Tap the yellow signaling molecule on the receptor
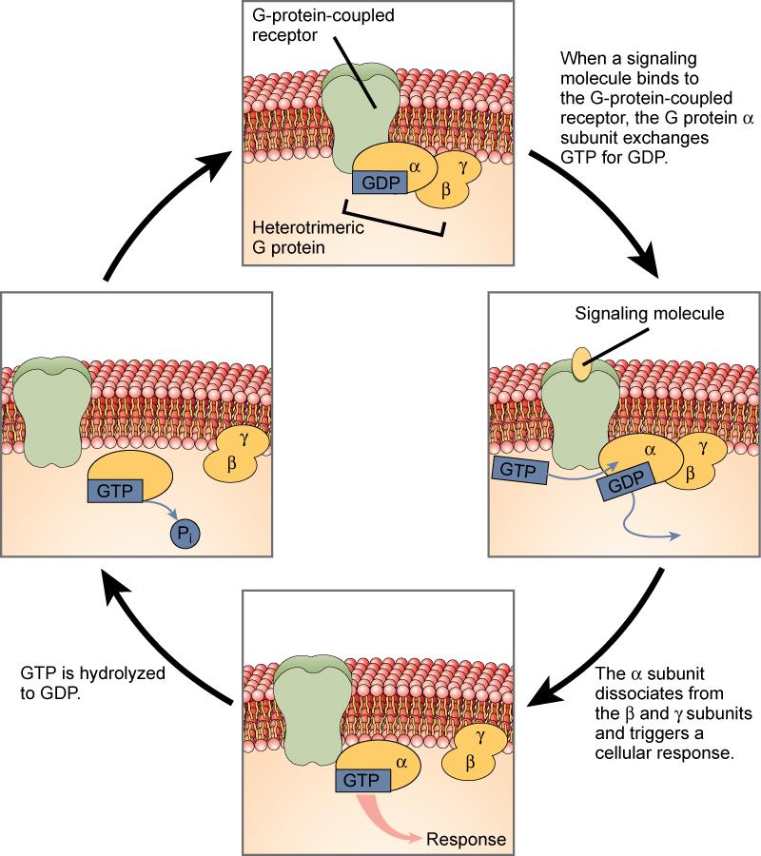pos(579,367)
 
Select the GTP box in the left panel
pos(115,491)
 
